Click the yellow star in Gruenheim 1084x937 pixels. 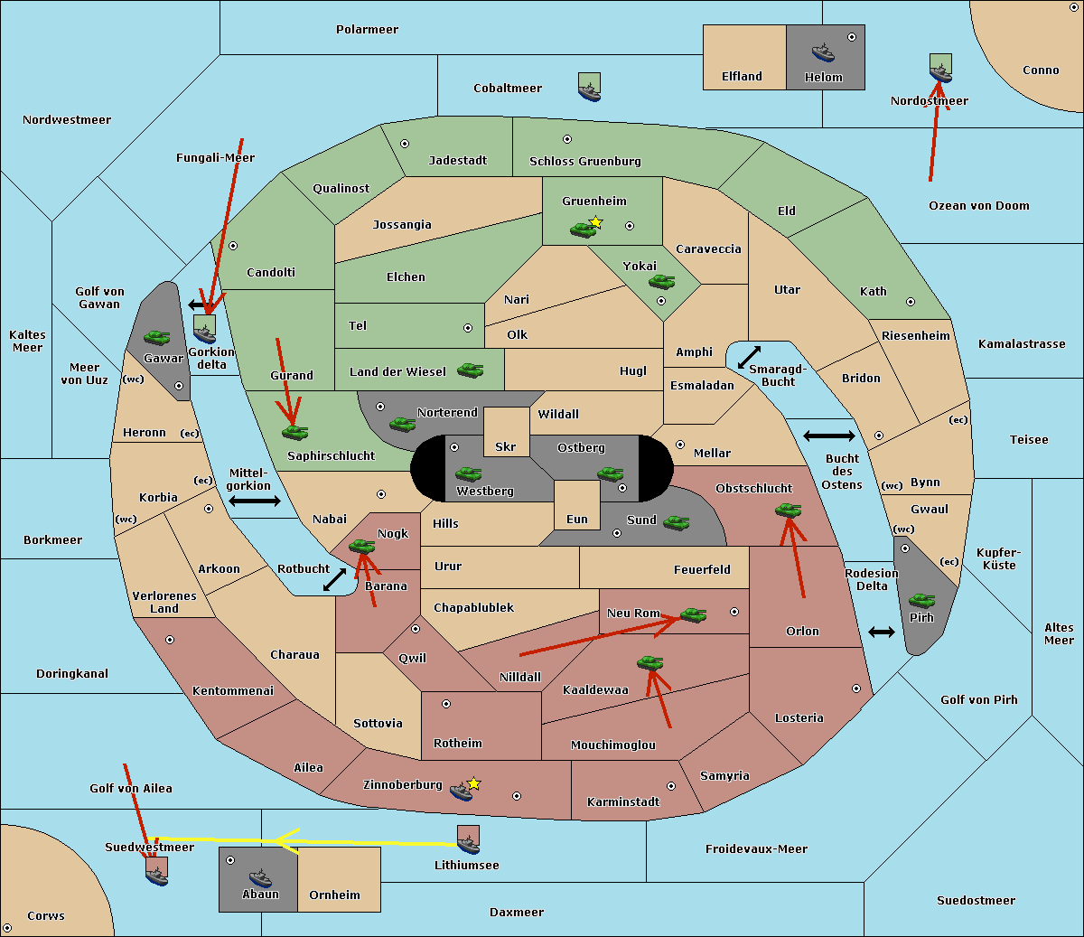(x=595, y=222)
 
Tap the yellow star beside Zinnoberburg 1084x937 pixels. (x=473, y=783)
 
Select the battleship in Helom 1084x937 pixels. (x=823, y=52)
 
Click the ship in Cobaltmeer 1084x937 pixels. (x=589, y=88)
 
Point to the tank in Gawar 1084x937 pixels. (x=157, y=337)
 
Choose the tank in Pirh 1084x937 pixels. (x=922, y=601)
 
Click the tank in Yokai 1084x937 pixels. (x=662, y=282)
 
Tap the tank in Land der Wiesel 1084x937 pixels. (x=470, y=370)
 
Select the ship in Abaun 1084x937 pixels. (x=260, y=877)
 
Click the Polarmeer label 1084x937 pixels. (x=367, y=30)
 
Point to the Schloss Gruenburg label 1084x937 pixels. (x=584, y=162)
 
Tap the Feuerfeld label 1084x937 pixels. (x=702, y=569)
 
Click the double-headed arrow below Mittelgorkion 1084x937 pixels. (x=255, y=501)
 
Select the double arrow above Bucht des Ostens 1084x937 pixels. (x=828, y=436)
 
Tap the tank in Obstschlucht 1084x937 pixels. (x=788, y=511)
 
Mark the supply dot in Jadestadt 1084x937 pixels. (x=405, y=144)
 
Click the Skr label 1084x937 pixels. (x=505, y=446)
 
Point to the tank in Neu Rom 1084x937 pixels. (x=693, y=614)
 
